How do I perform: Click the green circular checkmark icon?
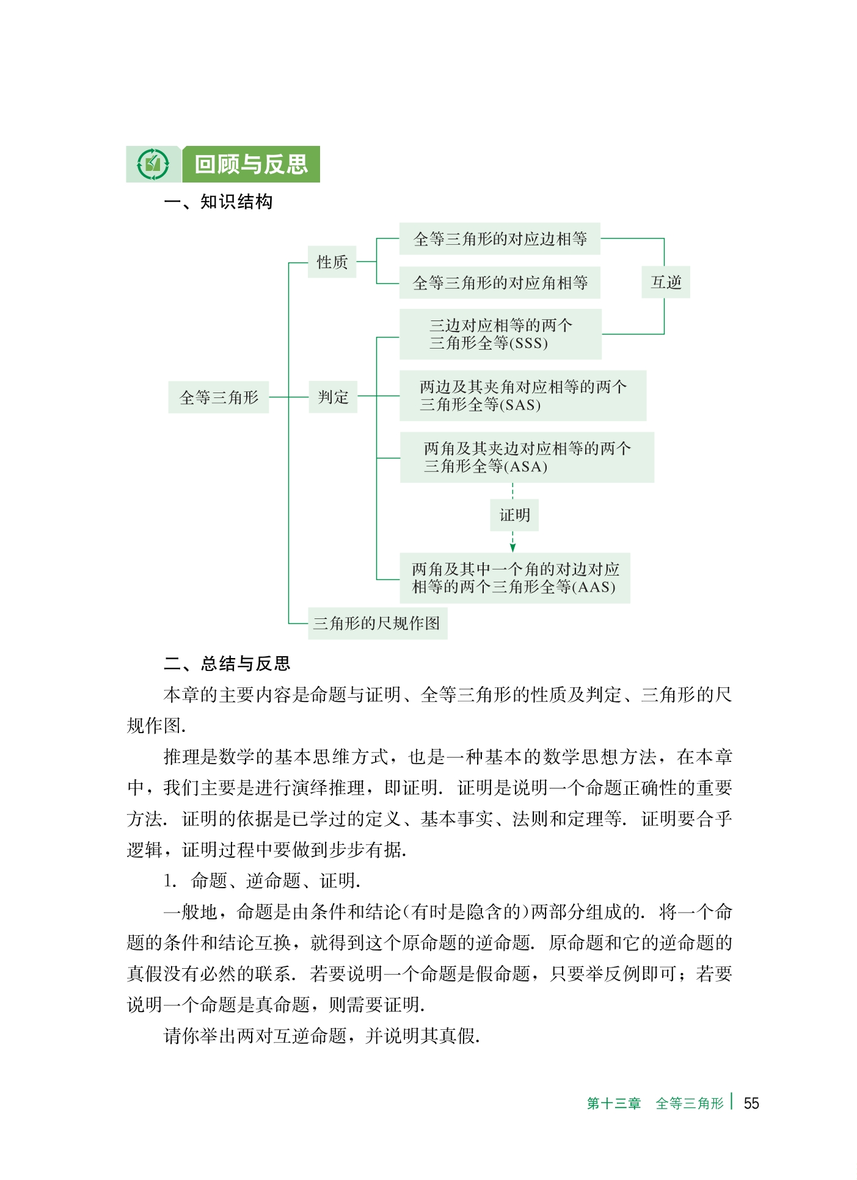(153, 164)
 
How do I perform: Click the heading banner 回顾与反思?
(251, 164)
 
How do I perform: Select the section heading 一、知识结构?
(218, 202)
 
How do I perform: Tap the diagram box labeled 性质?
(332, 262)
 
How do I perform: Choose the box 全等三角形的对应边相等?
(500, 239)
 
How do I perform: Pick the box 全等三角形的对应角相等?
(500, 283)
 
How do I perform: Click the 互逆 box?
(666, 282)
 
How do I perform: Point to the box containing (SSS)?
(500, 334)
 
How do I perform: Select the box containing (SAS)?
(522, 396)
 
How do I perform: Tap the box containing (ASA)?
(527, 457)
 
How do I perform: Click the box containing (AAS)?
(514, 578)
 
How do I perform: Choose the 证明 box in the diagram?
(514, 515)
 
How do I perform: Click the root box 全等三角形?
(219, 397)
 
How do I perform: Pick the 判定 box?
(333, 397)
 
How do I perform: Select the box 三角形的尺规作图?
(377, 623)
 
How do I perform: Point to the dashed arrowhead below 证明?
(512, 548)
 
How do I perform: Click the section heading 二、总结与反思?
(227, 664)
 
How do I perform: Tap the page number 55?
(751, 1103)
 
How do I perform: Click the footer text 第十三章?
(613, 1103)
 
